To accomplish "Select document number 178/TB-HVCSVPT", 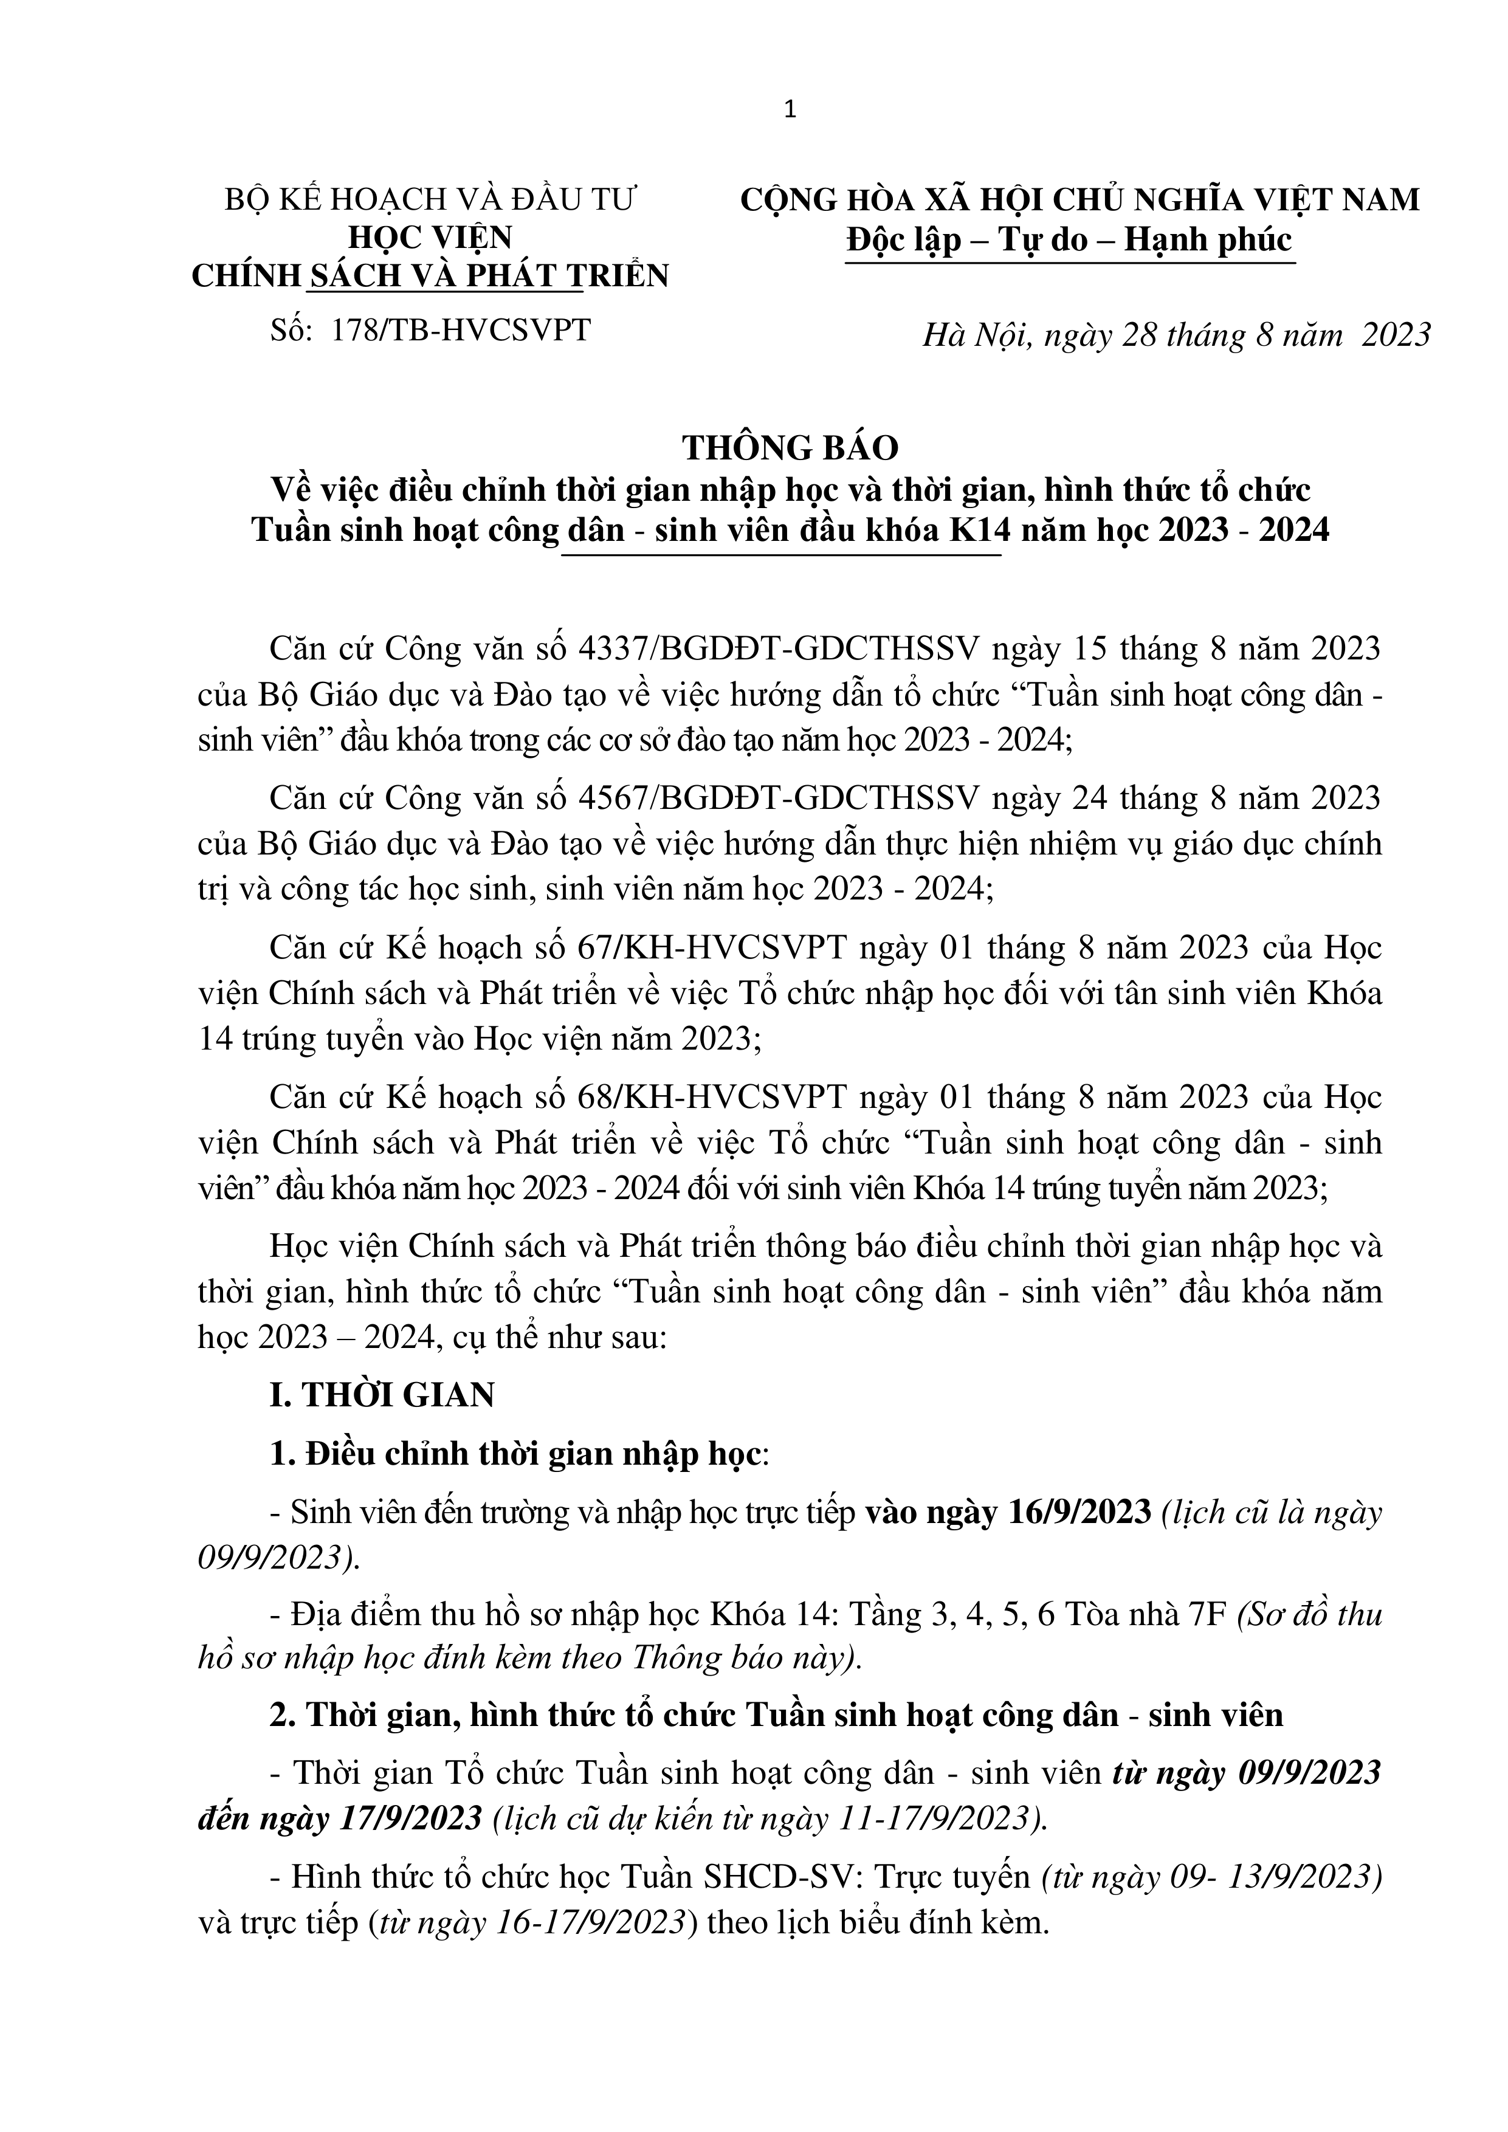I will coord(460,329).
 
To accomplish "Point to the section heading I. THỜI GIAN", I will coord(382,1395).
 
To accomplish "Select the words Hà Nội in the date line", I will coord(976,334).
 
